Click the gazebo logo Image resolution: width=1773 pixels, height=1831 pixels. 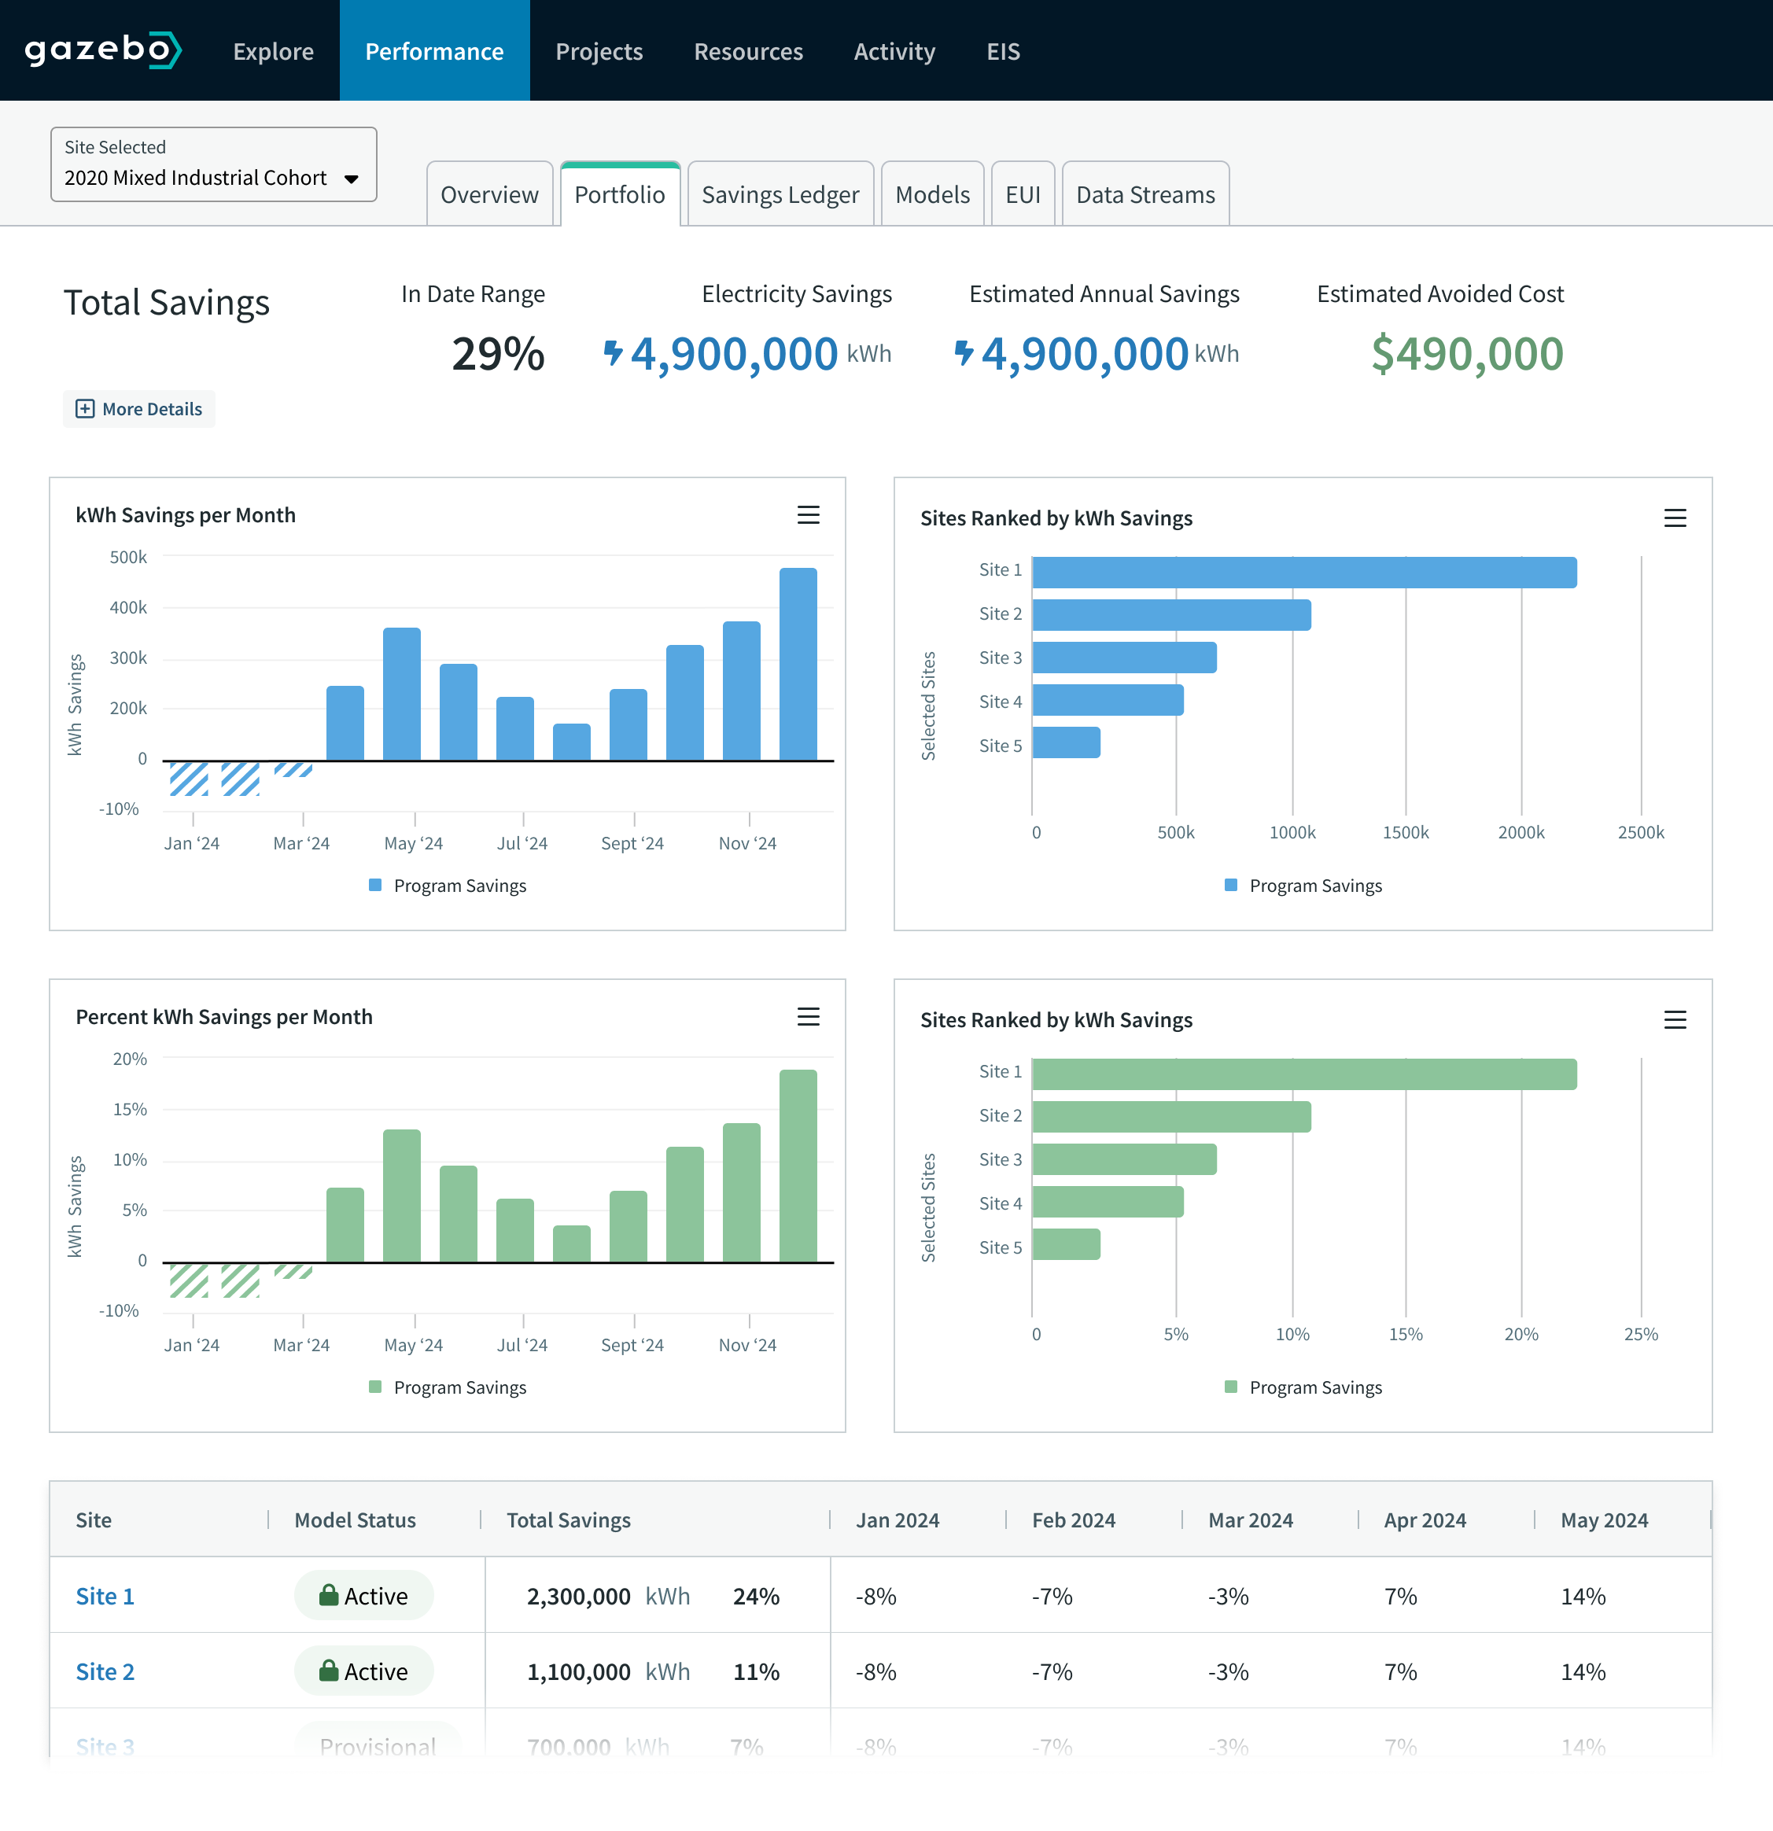coord(103,50)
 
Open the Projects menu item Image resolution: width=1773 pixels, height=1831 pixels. coord(599,51)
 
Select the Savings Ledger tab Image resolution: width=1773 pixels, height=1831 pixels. coord(780,194)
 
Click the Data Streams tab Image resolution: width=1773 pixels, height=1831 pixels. coord(1145,194)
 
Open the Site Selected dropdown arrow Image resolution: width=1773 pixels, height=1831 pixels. coord(352,179)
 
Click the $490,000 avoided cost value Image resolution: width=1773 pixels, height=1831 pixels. coord(1466,354)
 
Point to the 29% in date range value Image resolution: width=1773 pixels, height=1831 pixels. coord(497,354)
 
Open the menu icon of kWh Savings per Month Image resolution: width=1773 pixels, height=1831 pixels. coord(808,514)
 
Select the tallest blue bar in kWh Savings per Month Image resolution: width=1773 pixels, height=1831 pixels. coord(798,664)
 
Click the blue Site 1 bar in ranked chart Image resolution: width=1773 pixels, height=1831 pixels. coord(1304,573)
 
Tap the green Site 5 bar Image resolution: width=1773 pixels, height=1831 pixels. coord(1066,1244)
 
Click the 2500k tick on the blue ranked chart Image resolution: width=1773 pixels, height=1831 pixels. coord(1640,832)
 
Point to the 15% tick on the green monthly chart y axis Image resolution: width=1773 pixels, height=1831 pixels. coord(130,1109)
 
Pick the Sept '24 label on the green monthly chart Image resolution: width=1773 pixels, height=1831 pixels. coord(632,1345)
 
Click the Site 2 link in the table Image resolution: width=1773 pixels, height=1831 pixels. coord(105,1671)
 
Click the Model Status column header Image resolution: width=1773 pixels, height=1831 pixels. coord(355,1520)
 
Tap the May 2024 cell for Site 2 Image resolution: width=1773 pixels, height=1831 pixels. coord(1583,1671)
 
